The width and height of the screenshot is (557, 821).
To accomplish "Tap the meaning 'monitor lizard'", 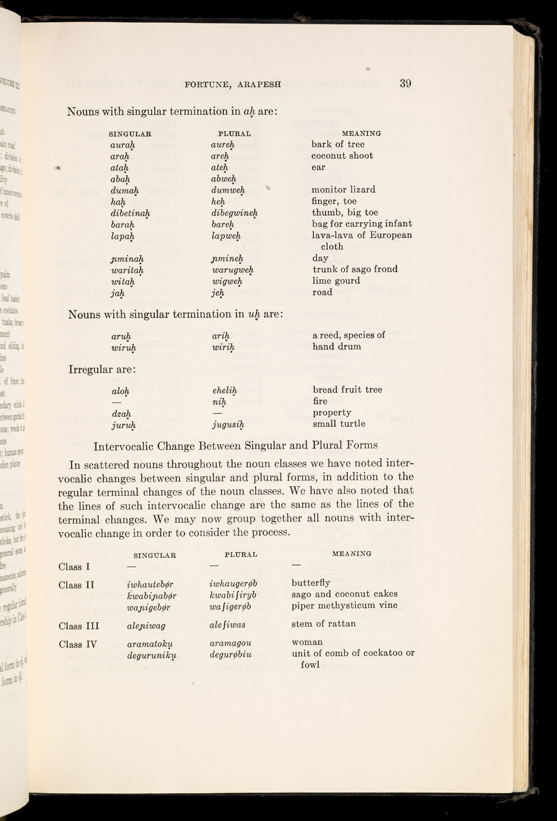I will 344,189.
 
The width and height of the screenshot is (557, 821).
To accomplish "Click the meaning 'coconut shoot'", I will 343,155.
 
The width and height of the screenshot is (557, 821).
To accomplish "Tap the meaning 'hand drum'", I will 342,346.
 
